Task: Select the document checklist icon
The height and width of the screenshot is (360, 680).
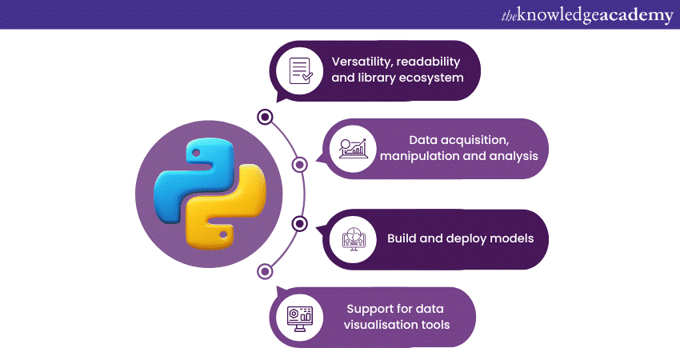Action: click(300, 70)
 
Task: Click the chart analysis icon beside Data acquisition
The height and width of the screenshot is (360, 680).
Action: click(353, 148)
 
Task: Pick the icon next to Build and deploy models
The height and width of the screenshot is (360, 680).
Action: click(353, 238)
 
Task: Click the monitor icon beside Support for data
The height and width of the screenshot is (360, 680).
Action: click(300, 317)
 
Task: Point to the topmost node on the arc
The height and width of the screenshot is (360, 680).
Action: click(264, 117)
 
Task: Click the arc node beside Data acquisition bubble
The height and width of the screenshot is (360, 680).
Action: click(299, 165)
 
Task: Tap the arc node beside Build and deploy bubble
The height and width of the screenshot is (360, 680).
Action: click(299, 223)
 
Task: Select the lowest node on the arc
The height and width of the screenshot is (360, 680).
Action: click(264, 271)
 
